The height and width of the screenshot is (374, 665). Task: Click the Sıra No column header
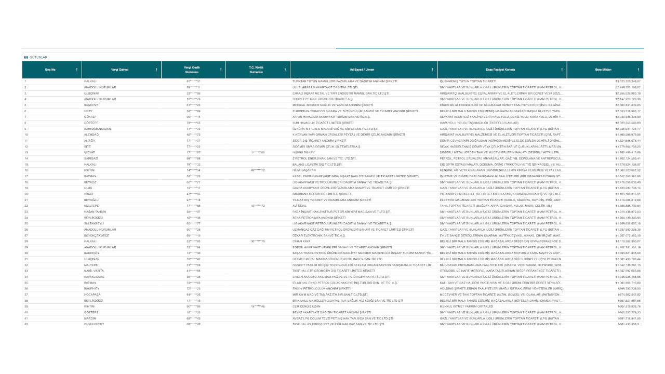(x=50, y=70)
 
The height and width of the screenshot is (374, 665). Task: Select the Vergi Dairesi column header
(x=120, y=70)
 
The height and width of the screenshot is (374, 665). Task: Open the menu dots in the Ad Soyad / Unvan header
(x=433, y=70)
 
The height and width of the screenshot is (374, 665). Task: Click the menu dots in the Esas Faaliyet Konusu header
(x=562, y=70)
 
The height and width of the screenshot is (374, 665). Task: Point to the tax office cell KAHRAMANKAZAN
(x=98, y=128)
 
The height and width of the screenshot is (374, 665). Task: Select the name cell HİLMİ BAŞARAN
(x=304, y=169)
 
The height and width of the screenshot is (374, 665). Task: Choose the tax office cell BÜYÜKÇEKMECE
(x=97, y=235)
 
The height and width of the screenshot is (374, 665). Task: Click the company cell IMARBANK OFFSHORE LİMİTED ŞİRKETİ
(x=323, y=193)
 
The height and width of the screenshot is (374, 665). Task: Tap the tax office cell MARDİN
(x=91, y=318)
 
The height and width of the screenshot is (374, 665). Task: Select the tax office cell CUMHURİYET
(x=95, y=324)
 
